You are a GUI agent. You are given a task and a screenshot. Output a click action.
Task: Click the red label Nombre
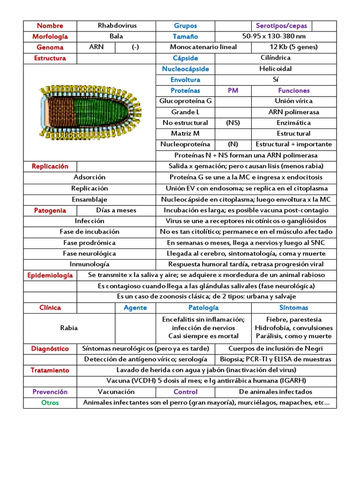tap(50, 26)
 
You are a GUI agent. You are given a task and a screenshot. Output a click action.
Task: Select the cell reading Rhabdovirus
tap(117, 26)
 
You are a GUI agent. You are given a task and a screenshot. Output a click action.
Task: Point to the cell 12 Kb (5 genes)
tap(294, 47)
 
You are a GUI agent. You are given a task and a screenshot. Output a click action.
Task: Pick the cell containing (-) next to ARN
tap(135, 47)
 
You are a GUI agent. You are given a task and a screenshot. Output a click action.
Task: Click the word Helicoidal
tap(275, 68)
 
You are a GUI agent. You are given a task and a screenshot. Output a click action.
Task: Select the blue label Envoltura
tap(185, 80)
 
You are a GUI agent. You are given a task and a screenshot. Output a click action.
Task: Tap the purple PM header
tap(233, 90)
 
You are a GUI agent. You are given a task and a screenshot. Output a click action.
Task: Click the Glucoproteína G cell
tap(186, 101)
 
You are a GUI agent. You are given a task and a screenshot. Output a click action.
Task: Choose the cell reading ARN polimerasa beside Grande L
tap(293, 112)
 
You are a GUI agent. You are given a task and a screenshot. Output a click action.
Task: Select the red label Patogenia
tap(50, 210)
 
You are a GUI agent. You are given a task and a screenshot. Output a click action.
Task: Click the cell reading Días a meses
tap(116, 210)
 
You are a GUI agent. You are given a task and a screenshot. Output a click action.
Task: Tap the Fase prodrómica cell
tap(90, 243)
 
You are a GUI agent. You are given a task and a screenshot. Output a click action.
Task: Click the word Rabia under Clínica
tap(69, 328)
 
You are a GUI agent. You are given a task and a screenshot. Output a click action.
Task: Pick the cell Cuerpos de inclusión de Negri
tap(276, 349)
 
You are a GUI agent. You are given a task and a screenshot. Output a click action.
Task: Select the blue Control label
tap(186, 392)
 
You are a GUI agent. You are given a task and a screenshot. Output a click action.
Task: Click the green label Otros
tap(50, 403)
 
